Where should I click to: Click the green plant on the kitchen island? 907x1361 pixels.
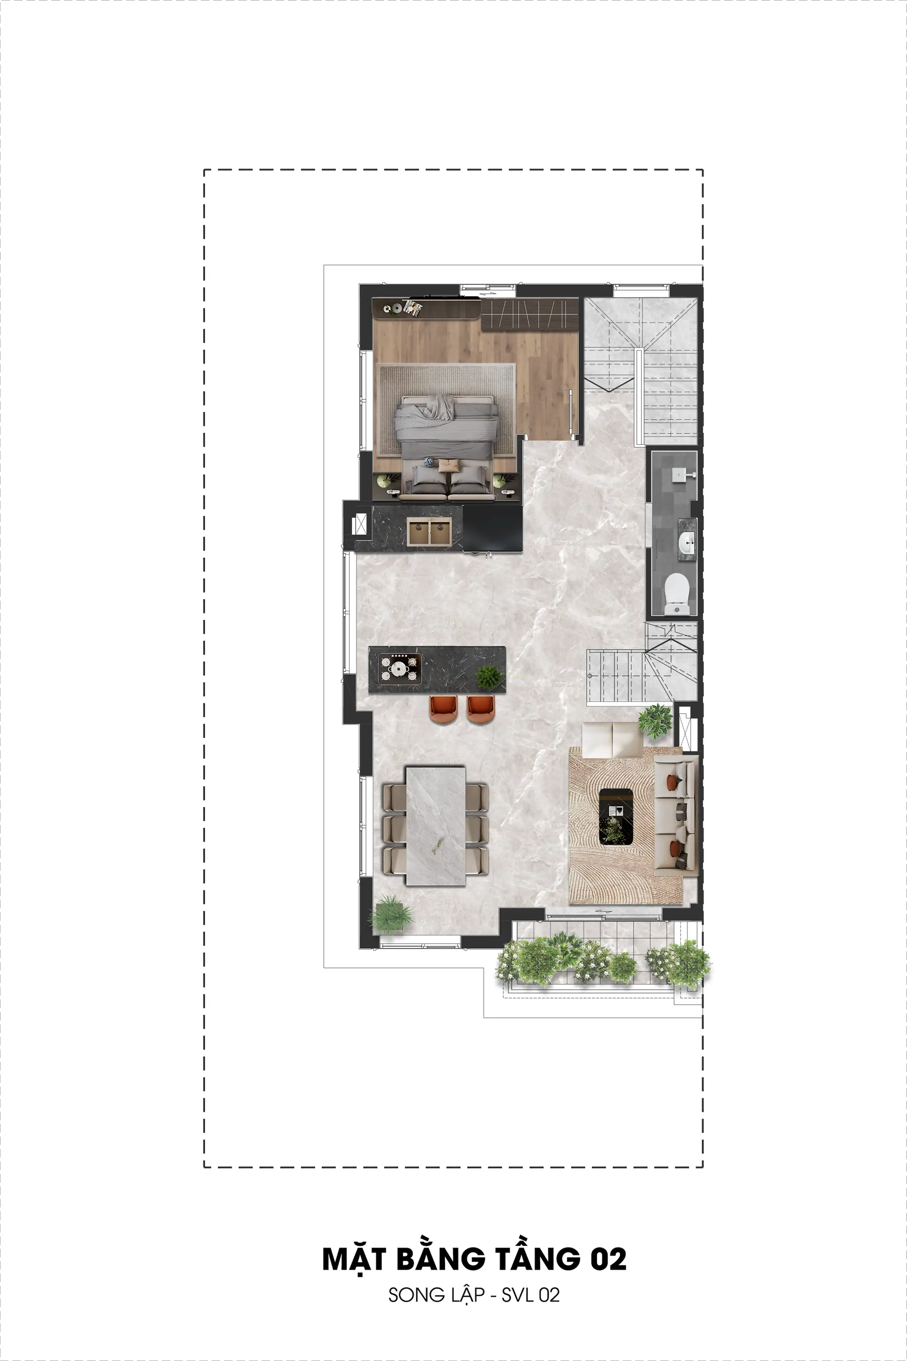489,676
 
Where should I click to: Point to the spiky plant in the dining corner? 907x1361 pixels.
391,914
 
